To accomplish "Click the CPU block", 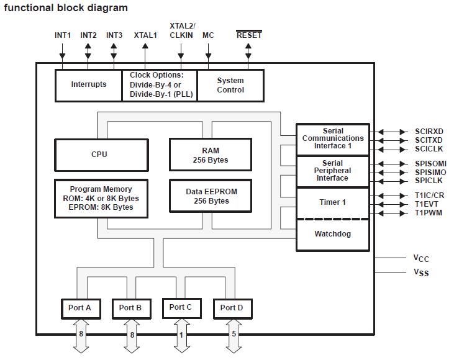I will (102, 155).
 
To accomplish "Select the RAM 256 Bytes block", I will (211, 155).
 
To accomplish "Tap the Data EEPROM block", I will (211, 196).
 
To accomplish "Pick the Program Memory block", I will (101, 198).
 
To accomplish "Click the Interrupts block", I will (89, 85).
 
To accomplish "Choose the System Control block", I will (230, 85).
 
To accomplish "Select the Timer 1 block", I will (332, 202).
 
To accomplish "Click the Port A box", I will (79, 308).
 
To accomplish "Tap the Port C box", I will (181, 307).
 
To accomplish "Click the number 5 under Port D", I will (234, 334).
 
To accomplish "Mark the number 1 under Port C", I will (181, 334).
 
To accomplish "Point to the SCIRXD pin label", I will (429, 132).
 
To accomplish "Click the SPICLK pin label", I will (429, 181).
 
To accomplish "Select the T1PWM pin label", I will (429, 213).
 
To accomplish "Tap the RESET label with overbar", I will (249, 35).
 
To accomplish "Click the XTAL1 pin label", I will (145, 35).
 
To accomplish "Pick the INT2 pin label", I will (88, 35).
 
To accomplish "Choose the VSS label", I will (421, 272).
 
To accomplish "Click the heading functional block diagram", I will (66, 8).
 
